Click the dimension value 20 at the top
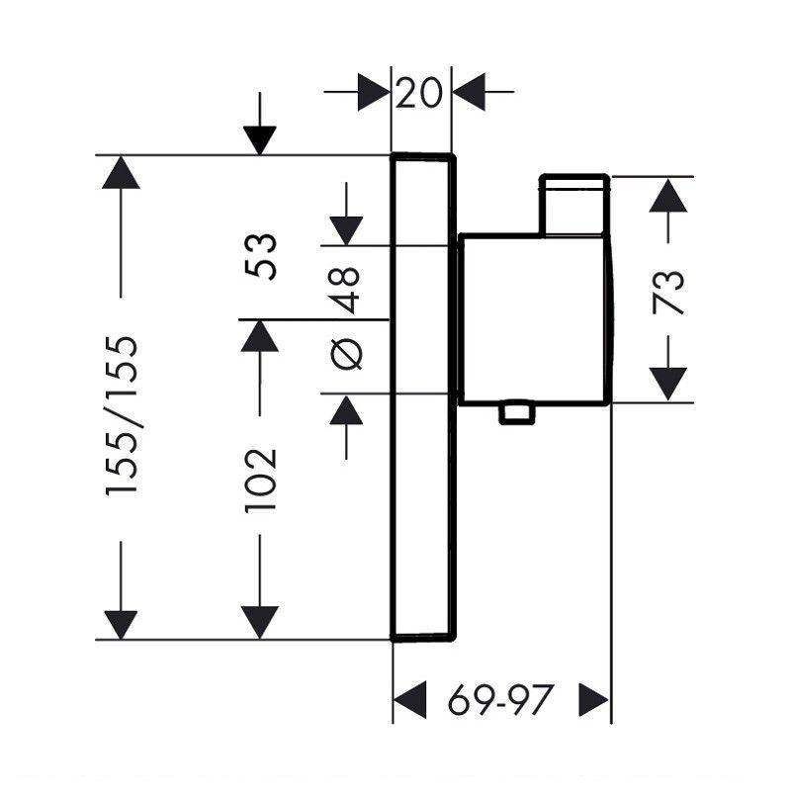(418, 93)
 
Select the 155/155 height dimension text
(122, 415)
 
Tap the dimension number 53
(261, 257)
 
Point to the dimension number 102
(261, 481)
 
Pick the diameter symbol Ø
(346, 353)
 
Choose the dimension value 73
(668, 293)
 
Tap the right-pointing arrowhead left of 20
(374, 92)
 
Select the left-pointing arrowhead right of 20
(469, 92)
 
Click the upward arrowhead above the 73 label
(668, 195)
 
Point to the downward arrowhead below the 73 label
(668, 385)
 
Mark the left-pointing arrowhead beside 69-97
(409, 699)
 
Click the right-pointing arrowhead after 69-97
(594, 699)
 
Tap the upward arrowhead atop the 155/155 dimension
(121, 172)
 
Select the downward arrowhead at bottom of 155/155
(121, 625)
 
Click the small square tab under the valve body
(516, 412)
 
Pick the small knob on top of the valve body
(574, 205)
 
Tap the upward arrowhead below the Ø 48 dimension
(346, 410)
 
